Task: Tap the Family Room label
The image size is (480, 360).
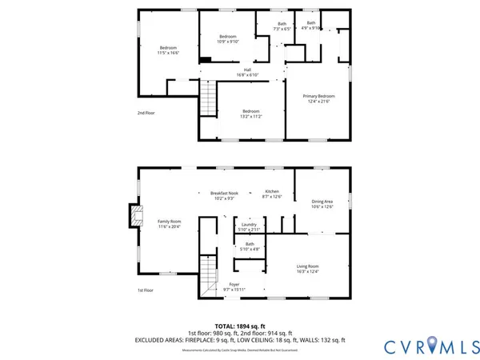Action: [x=169, y=223]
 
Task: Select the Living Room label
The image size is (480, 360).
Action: [x=308, y=268]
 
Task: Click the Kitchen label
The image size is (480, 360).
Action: [x=272, y=194]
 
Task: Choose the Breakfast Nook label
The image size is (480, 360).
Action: [x=224, y=195]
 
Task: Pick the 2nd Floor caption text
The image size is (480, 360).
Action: [x=146, y=113]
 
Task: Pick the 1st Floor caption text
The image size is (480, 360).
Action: [x=146, y=290]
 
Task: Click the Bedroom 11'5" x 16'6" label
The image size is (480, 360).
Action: [x=168, y=50]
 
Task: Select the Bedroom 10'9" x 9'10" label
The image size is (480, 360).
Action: [x=228, y=39]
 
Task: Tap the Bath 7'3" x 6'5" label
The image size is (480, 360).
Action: [x=282, y=26]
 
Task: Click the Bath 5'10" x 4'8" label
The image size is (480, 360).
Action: [x=250, y=246]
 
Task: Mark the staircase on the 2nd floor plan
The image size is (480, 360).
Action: [x=208, y=100]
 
